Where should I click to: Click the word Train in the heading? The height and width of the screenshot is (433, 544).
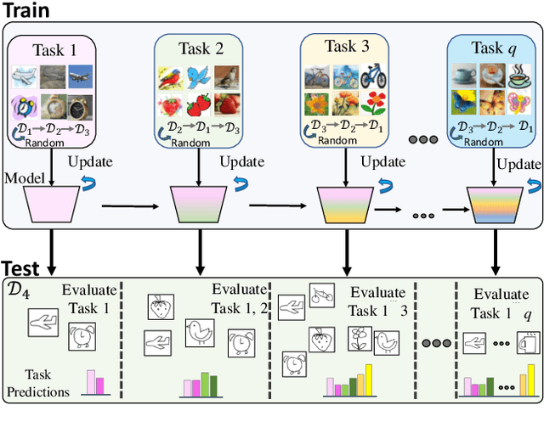point(26,11)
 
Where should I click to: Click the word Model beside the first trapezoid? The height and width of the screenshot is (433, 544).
point(25,177)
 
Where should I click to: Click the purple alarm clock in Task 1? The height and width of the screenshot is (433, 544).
point(23,108)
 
